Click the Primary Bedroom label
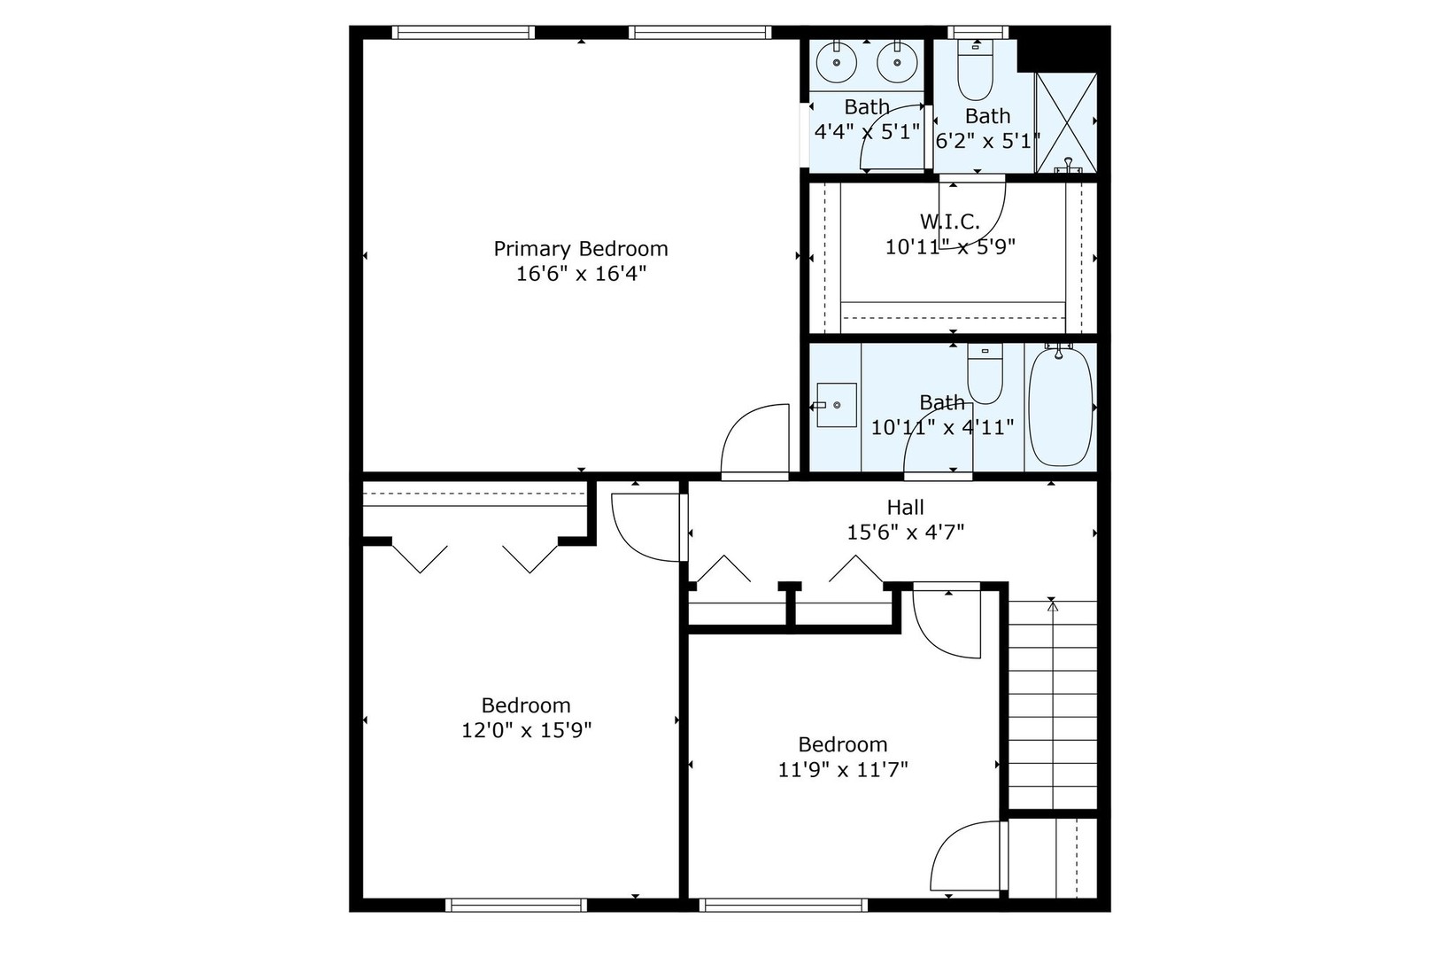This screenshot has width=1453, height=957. [x=580, y=249]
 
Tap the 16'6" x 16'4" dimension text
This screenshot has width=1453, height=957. [x=581, y=274]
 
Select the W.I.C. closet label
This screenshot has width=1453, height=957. [x=949, y=222]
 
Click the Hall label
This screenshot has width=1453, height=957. [x=905, y=507]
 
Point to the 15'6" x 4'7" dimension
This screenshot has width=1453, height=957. [x=905, y=533]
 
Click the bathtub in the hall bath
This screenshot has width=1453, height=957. [x=1061, y=407]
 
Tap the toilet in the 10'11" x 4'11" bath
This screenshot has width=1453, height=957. [x=984, y=374]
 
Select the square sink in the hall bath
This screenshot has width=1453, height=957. [x=836, y=405]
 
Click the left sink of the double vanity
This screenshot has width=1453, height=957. [x=835, y=62]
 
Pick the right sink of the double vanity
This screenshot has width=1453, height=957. [x=895, y=62]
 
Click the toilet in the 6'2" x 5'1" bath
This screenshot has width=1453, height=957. [x=975, y=72]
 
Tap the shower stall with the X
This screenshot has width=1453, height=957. [x=1066, y=121]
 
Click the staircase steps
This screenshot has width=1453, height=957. [x=1052, y=704]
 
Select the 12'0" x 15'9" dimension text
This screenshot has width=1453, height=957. [x=526, y=731]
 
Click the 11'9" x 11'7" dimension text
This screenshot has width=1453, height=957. [x=843, y=769]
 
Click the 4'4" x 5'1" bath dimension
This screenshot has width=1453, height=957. [x=867, y=132]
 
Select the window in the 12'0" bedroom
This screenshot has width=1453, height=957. [x=516, y=905]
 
